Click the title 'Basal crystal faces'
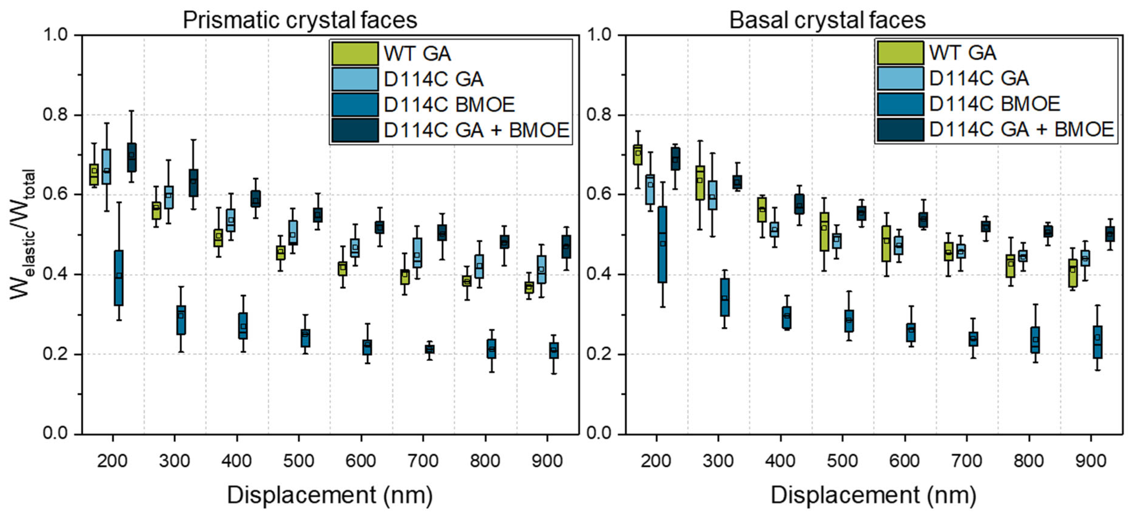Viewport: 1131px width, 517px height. tap(827, 20)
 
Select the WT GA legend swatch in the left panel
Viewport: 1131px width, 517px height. tap(355, 54)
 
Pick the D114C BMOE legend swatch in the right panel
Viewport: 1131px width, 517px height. tap(900, 104)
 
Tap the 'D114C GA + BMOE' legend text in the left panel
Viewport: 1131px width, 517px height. tap(476, 130)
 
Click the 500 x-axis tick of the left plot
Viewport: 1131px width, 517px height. tap(299, 461)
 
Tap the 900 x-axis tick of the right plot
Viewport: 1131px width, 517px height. tap(1091, 461)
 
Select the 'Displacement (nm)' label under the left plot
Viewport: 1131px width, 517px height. tap(330, 495)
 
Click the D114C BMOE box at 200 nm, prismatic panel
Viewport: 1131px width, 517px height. tap(119, 278)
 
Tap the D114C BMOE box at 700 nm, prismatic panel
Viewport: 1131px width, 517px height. tap(429, 349)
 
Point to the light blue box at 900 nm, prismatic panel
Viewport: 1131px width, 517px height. tap(542, 269)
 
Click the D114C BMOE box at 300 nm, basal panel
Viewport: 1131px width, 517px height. tap(725, 297)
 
